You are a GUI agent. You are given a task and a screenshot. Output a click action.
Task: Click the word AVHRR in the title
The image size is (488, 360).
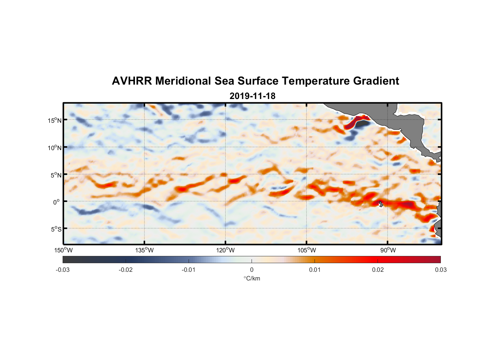132,81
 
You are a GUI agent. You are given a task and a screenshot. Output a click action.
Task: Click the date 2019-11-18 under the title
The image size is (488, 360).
252,96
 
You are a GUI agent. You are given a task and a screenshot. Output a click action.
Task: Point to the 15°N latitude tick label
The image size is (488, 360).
54,120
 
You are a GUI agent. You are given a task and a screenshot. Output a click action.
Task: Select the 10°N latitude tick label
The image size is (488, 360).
54,148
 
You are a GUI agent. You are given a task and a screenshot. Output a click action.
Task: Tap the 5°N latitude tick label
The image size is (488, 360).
55,175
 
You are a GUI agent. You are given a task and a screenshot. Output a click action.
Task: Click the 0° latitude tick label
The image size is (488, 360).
57,202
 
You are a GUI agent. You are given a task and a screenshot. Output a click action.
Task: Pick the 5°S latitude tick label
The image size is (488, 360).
55,229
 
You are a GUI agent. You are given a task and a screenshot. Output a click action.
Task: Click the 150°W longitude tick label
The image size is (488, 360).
63,250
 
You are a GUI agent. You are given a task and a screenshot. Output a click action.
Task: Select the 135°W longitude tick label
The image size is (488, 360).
144,250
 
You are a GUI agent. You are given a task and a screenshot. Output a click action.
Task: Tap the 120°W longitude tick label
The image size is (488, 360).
226,250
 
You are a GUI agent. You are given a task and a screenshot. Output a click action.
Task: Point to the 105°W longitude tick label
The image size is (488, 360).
307,250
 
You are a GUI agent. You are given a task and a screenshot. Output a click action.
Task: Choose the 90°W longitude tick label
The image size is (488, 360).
388,250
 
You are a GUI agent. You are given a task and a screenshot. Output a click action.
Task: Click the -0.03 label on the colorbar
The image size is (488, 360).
63,270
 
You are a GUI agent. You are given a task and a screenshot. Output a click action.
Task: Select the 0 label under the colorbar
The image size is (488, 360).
252,270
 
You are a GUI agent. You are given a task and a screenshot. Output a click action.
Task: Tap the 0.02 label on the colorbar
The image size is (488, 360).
378,270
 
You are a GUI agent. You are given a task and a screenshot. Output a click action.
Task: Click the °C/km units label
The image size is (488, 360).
252,278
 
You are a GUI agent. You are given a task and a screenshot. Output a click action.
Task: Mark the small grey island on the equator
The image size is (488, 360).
381,204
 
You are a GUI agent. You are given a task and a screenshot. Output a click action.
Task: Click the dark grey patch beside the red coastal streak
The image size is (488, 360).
363,123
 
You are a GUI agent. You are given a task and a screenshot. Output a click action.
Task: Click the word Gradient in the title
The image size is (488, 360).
376,81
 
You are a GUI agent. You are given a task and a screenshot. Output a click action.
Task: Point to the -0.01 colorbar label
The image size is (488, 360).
189,270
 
